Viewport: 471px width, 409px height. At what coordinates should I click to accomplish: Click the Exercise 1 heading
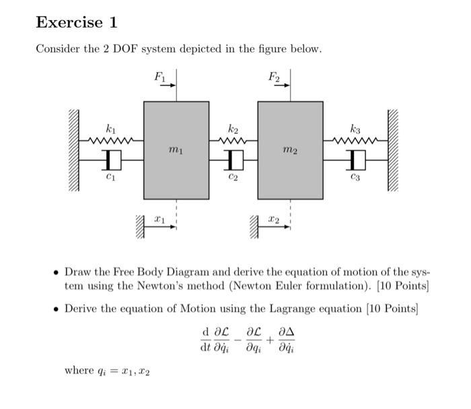pos(77,22)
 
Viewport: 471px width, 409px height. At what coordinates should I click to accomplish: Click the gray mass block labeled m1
pos(176,150)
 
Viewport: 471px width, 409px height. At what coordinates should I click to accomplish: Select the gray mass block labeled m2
pos(290,150)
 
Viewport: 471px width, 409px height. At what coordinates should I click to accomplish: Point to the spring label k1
pos(110,128)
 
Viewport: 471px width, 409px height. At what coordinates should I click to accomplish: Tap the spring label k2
pos(233,128)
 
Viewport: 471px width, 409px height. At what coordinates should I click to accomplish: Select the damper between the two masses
pos(233,159)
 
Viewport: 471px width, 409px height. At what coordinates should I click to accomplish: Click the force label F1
pos(159,77)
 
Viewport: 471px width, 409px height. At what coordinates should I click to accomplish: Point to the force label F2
pos(273,77)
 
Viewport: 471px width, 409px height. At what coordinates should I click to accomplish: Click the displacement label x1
pos(159,219)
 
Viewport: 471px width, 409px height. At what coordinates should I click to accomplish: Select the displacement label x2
pos(273,219)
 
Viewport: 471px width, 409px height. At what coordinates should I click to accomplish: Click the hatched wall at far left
pos(73,150)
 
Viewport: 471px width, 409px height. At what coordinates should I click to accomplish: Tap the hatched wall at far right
pos(393,150)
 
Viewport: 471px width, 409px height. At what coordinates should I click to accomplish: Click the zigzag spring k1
pos(111,141)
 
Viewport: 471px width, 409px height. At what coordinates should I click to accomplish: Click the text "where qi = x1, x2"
pos(108,370)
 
